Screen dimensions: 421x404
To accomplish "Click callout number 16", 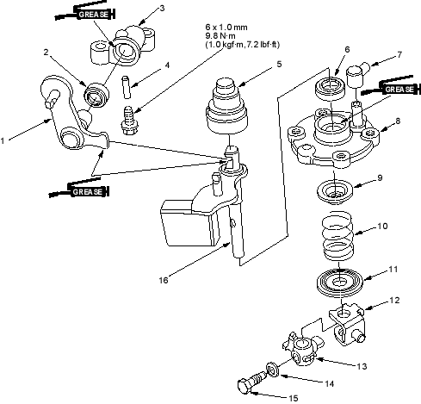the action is (x=164, y=280).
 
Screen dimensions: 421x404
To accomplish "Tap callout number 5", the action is (x=279, y=64).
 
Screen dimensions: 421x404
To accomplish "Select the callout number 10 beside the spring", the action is (x=382, y=227).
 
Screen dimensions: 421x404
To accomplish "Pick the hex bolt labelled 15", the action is (x=252, y=382).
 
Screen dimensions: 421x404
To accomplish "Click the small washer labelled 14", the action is (x=273, y=369).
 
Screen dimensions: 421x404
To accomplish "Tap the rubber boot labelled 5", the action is (x=226, y=107).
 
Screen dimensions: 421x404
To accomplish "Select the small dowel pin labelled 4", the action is (x=127, y=87).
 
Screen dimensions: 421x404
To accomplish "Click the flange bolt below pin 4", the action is (x=129, y=121).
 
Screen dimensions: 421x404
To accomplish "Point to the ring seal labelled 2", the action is (x=96, y=94).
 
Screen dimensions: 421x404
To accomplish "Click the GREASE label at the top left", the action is (x=94, y=14).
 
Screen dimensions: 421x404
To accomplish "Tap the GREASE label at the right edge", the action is (x=399, y=90).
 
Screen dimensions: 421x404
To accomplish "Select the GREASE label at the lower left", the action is (x=88, y=191).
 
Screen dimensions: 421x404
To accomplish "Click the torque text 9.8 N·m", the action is (x=220, y=36).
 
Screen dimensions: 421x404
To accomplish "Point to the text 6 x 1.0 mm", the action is (x=226, y=28).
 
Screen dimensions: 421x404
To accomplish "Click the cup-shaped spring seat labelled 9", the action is (x=335, y=192).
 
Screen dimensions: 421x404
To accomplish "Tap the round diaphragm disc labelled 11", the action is (x=340, y=283).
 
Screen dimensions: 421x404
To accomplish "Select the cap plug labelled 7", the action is (x=357, y=74).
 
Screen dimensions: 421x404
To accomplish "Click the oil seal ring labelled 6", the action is (x=330, y=88).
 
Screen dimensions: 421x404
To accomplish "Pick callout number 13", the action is (x=362, y=366).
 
